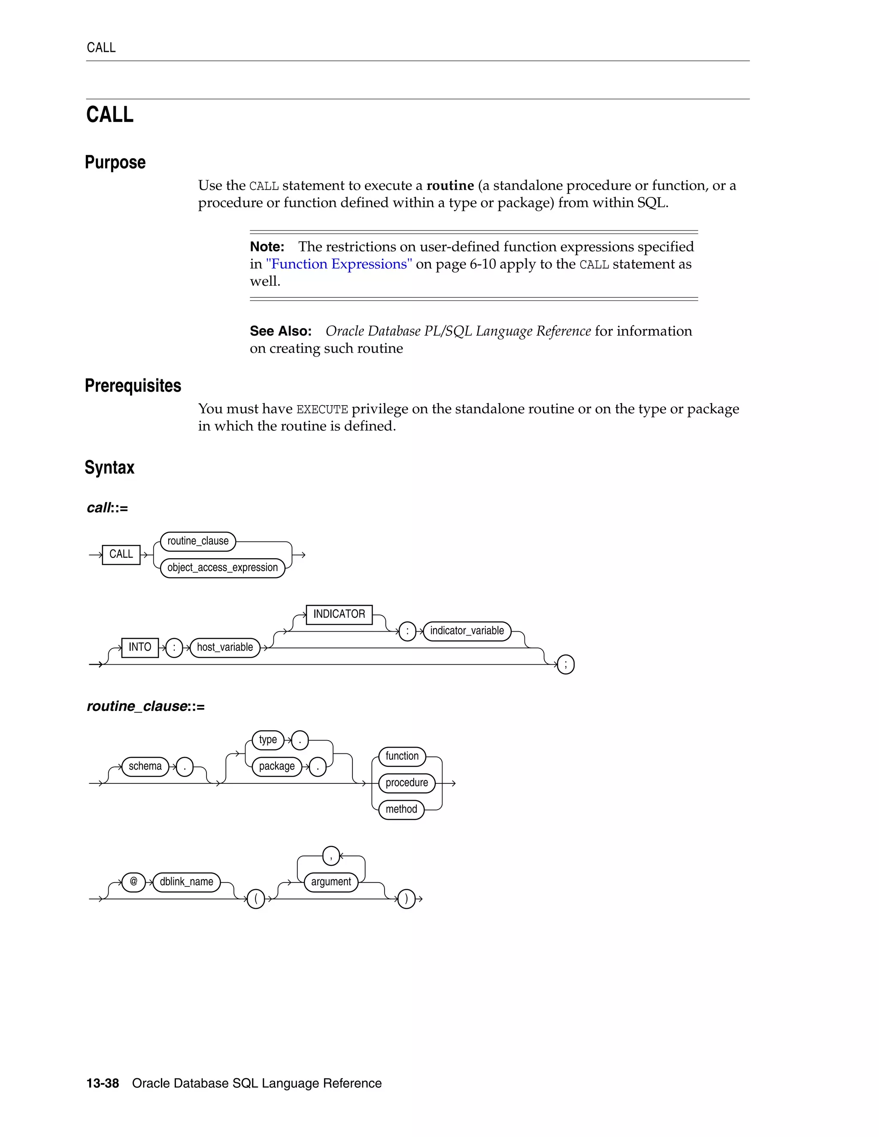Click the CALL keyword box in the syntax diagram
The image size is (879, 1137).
[121, 554]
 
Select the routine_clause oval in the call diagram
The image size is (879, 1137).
[198, 541]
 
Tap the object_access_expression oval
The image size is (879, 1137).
[222, 568]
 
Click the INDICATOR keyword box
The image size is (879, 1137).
[339, 614]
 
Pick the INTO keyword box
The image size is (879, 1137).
[139, 647]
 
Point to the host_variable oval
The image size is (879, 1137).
[224, 647]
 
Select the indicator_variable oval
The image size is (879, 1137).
[467, 631]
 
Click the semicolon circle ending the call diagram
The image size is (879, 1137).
[566, 664]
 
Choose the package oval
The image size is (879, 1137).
[276, 766]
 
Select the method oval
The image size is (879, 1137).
[401, 810]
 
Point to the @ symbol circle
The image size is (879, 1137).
[134, 882]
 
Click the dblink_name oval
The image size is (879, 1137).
[186, 882]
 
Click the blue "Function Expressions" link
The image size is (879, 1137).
[339, 264]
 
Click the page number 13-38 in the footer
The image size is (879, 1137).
[103, 1083]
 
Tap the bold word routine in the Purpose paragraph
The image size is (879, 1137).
[450, 185]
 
